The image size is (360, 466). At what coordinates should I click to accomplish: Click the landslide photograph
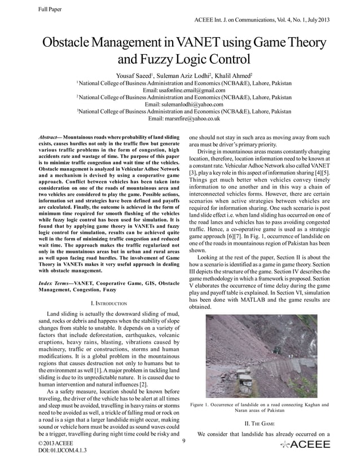click(x=258, y=355)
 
